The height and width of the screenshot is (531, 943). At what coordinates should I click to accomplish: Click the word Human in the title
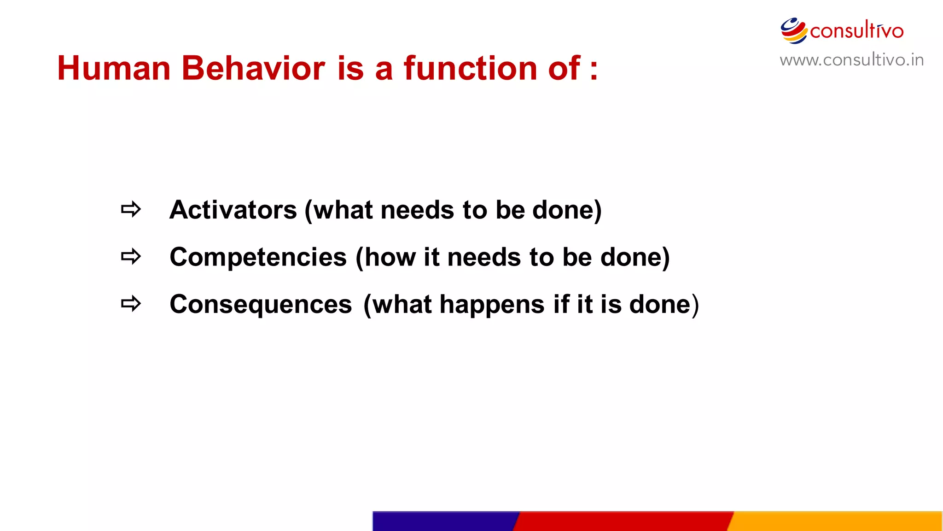pyautogui.click(x=114, y=69)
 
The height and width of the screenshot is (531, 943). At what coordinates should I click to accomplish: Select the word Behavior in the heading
pyautogui.click(x=253, y=69)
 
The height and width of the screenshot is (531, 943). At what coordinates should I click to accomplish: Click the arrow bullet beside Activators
pyautogui.click(x=131, y=210)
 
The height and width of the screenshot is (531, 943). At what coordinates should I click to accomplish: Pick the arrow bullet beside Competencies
pyautogui.click(x=131, y=257)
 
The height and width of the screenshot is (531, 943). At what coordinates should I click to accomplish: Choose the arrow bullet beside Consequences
pyautogui.click(x=131, y=304)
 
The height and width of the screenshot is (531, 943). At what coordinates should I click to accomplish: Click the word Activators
pyautogui.click(x=233, y=210)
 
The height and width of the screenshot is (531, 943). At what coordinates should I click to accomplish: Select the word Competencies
pyautogui.click(x=258, y=257)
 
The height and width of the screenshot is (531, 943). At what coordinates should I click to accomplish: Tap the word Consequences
pyautogui.click(x=261, y=305)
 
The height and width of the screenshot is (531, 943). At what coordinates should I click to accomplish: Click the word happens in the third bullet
pyautogui.click(x=492, y=305)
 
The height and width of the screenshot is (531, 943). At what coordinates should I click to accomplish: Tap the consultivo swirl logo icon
pyautogui.click(x=793, y=31)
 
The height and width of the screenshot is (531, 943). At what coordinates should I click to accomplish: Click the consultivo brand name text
pyautogui.click(x=856, y=31)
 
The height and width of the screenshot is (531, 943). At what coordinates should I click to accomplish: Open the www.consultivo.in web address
pyautogui.click(x=851, y=60)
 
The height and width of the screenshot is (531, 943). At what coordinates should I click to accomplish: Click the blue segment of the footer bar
pyautogui.click(x=444, y=521)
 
